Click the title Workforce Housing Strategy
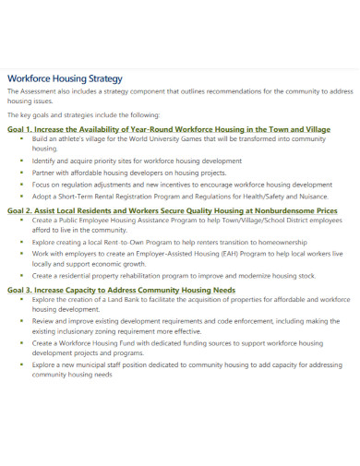[65, 78]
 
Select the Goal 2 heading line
[172, 210]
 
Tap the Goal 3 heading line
[121, 290]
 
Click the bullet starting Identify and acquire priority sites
[124, 161]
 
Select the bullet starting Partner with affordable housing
[128, 172]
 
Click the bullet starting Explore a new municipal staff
[185, 364]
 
